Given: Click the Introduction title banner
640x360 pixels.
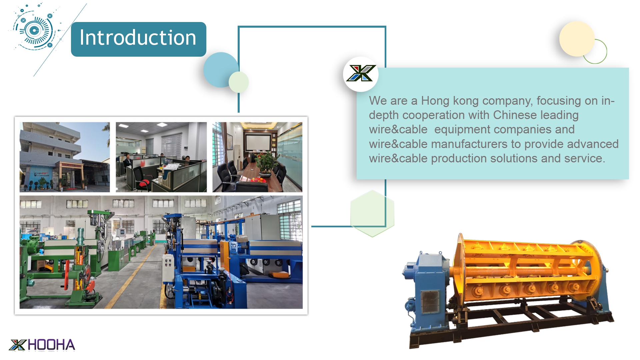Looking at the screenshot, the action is (x=138, y=39).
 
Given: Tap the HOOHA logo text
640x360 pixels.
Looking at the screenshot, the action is (x=52, y=345).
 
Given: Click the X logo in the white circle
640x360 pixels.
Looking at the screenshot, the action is (x=361, y=73).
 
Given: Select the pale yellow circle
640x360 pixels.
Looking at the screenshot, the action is (x=577, y=39).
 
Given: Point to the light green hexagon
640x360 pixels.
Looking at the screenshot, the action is (x=372, y=213).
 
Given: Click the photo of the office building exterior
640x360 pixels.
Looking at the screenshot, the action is (x=65, y=157).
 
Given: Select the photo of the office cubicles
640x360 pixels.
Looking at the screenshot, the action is (x=161, y=157).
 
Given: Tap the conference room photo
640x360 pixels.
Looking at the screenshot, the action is (x=257, y=157).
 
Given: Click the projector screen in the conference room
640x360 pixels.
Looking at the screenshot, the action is (x=258, y=142).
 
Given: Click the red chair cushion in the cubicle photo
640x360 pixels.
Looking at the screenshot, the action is (x=144, y=183).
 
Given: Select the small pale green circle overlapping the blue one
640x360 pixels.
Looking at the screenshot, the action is (x=239, y=82).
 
